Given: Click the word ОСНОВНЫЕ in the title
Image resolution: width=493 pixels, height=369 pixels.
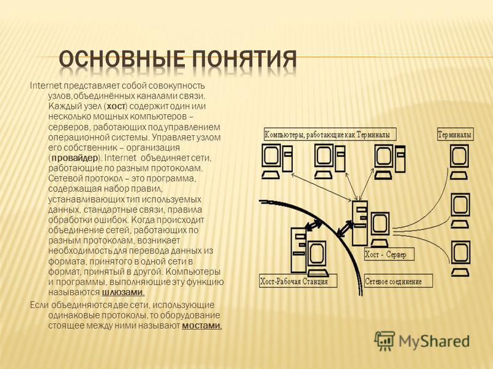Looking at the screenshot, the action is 121,59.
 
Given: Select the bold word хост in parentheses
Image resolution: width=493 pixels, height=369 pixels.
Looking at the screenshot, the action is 116,106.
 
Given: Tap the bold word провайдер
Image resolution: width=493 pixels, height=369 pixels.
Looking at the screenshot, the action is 75,157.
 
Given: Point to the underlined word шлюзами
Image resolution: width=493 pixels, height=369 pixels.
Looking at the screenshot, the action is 123,293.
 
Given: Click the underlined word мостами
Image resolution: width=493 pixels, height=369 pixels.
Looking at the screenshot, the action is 202,326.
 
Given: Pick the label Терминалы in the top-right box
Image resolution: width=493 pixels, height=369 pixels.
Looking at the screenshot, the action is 455,135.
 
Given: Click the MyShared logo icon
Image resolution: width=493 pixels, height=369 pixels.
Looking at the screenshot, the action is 384,341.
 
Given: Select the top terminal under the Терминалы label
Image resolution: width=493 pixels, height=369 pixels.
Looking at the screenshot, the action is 459,162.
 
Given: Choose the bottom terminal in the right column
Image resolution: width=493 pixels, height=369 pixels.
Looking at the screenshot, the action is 460,258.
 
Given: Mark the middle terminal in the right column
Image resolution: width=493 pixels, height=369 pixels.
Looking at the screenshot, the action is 460,210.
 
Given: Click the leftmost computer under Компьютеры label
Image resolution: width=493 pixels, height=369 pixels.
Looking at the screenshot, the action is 277,162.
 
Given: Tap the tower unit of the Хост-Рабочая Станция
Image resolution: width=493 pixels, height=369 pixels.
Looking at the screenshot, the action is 298,250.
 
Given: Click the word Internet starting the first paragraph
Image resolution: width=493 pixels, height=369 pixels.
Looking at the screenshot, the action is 46,85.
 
